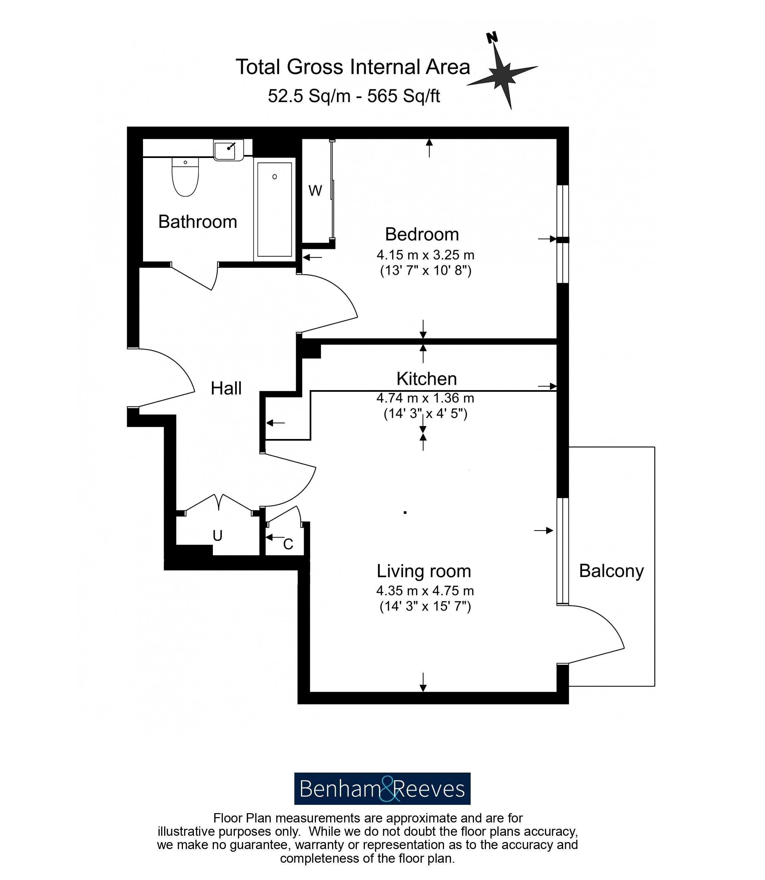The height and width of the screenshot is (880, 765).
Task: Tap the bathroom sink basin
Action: coord(229,150)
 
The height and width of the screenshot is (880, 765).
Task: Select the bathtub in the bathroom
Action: coord(274,210)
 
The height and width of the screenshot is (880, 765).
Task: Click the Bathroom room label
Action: coord(198,222)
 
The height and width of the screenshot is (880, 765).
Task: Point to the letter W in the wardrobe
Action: coord(315,191)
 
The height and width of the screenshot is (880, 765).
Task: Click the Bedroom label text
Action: coord(422,234)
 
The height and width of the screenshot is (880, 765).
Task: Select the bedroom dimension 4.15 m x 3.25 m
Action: coord(425,255)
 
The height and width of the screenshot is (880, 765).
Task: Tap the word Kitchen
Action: coord(426,378)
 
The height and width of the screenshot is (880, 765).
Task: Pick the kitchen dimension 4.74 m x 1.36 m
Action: coord(425,398)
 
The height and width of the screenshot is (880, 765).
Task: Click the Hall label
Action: coord(226,388)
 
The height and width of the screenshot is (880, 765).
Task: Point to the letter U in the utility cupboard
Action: coord(218,535)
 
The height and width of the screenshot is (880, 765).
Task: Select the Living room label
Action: coord(423,571)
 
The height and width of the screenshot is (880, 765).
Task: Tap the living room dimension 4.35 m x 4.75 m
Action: coord(425,591)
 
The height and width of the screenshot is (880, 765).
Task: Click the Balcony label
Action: coord(611,571)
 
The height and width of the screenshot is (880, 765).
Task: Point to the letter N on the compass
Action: coord(492,37)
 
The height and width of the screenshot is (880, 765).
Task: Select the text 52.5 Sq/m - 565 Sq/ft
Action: coord(354,96)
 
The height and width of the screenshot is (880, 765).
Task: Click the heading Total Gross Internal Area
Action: coord(353,67)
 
